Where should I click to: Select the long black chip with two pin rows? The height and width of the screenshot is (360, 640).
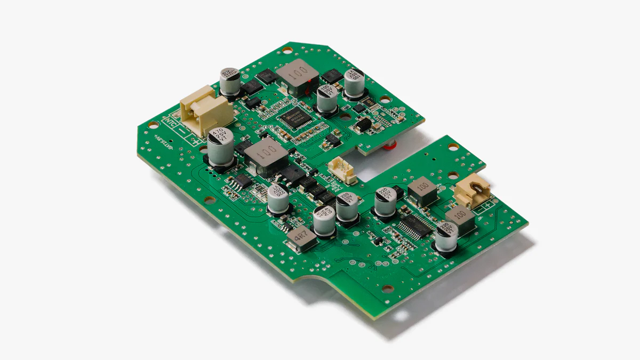coord(417,226)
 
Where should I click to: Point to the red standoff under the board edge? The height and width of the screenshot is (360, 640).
coord(390,144)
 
